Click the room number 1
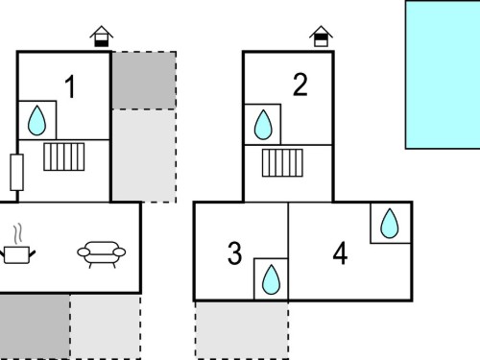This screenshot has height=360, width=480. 70,86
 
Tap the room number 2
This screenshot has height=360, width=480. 300,84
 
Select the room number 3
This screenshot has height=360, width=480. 234,253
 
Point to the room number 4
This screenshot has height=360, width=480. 340,253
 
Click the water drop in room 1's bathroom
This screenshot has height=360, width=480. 36,121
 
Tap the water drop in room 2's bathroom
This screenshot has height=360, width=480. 263,125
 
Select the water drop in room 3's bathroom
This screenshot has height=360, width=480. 271,279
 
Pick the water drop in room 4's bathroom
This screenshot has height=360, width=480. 390,224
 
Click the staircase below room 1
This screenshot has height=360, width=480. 64,156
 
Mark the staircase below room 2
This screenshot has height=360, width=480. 282,163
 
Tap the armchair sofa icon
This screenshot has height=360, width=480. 102,254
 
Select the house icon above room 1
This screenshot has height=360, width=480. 102,36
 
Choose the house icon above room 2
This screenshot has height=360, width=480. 321,36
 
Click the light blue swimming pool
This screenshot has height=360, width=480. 443,75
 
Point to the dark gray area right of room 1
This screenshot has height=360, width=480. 144,81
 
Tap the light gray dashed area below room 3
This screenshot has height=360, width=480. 242,330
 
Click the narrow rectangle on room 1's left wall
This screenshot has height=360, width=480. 16,173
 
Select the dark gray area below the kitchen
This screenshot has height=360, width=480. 35,326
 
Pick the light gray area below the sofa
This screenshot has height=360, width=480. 106,326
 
